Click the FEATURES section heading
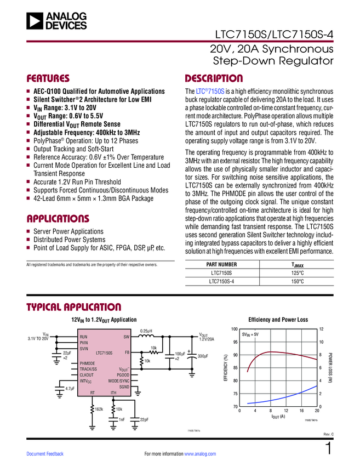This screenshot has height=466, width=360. tap(48, 78)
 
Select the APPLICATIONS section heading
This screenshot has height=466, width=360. tap(58, 218)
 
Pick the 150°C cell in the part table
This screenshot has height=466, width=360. tap(298, 281)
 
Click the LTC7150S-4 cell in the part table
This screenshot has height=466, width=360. tap(221, 281)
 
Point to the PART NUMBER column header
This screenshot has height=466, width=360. tap(221, 264)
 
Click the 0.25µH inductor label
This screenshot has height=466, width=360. tap(146, 331)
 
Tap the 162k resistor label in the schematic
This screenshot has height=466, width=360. tap(99, 409)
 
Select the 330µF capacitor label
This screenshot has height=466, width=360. tap(202, 356)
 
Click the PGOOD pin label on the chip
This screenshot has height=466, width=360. tap(123, 374)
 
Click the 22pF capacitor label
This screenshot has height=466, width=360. tap(144, 419)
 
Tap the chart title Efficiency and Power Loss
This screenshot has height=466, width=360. tap(278, 319)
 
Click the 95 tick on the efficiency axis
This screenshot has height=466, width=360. tap(235, 342)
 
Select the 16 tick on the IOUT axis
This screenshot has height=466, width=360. tap(301, 411)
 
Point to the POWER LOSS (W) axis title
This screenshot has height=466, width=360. tap(330, 368)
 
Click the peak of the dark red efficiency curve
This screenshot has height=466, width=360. tap(270, 351)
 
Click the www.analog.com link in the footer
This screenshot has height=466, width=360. tap(201, 454)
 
